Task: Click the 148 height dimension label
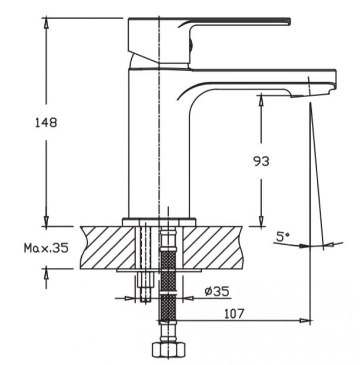click(x=46, y=123)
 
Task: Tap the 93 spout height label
click(x=261, y=161)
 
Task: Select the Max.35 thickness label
click(x=46, y=248)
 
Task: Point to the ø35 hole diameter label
click(x=217, y=291)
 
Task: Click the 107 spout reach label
click(x=234, y=314)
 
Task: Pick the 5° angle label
click(x=283, y=236)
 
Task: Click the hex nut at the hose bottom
click(x=168, y=350)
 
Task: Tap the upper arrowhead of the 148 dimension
click(x=47, y=22)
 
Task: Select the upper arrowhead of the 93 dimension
click(x=261, y=100)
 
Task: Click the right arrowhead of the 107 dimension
click(x=305, y=321)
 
